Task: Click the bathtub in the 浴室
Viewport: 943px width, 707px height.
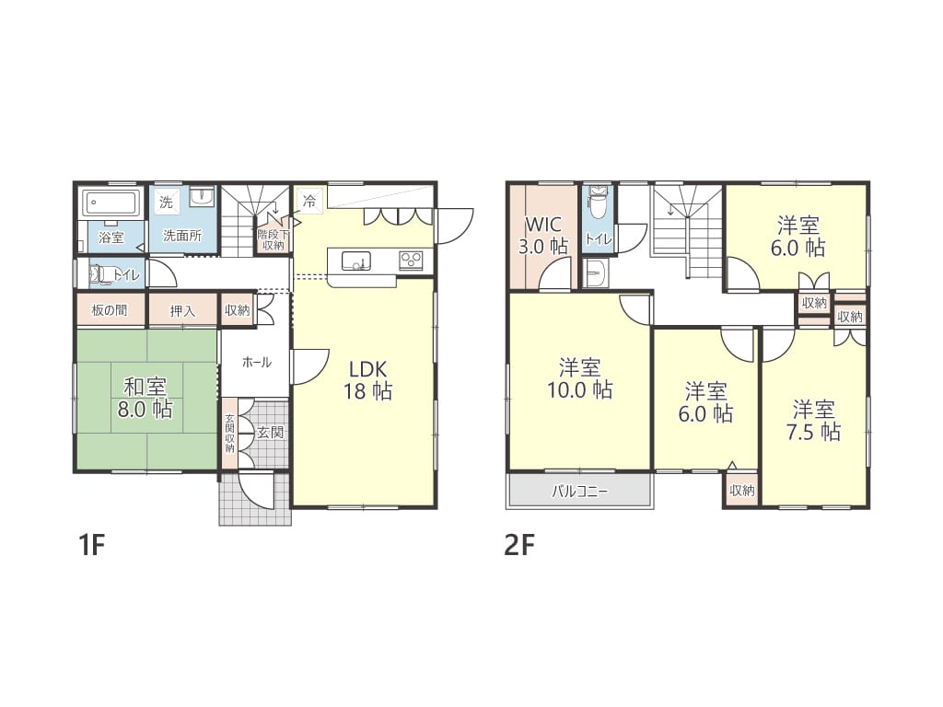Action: coord(111,203)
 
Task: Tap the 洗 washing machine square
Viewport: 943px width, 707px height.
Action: coord(166,202)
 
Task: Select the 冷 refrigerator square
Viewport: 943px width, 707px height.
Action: coord(309,200)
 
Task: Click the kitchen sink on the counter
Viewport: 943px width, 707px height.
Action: coord(356,261)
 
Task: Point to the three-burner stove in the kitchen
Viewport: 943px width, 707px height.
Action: coord(411,260)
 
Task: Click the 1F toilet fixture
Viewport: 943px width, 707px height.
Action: coord(99,274)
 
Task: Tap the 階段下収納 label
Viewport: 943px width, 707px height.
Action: coord(273,239)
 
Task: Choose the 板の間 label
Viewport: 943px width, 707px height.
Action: coord(110,310)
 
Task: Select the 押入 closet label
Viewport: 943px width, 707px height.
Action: coord(182,311)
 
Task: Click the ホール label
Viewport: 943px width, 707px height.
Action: coord(257,362)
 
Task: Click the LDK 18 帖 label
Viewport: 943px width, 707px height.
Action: coord(367,380)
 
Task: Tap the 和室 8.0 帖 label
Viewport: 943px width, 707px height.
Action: coord(145,398)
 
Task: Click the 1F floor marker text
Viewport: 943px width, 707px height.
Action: coord(92,545)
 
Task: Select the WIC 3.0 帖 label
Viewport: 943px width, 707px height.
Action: coord(543,235)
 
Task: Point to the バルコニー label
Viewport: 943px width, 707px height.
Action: coord(580,492)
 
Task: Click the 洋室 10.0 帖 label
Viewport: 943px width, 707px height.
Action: coord(580,378)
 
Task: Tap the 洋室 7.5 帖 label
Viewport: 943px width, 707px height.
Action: coord(814,421)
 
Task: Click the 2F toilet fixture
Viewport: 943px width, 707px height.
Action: coord(598,203)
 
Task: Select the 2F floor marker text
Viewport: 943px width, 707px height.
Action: coord(520,545)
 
